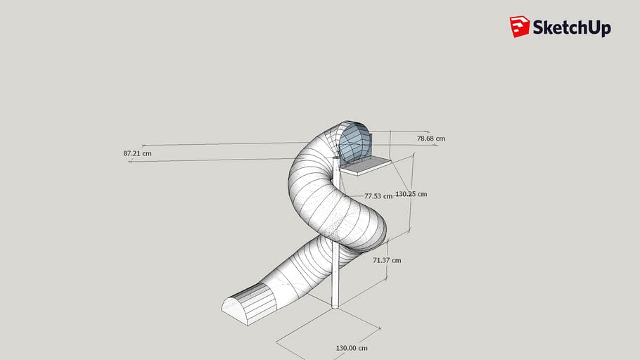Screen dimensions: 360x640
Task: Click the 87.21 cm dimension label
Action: [x=137, y=153]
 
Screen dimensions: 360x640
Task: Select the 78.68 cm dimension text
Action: [x=430, y=139]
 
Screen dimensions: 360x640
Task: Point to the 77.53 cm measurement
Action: [x=378, y=197]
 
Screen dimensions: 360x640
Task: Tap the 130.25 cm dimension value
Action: [x=411, y=194]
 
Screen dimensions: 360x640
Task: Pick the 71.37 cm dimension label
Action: [x=386, y=260]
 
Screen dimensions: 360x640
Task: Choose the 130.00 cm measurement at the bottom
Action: [x=352, y=348]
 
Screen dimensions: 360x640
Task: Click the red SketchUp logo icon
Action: [x=519, y=27]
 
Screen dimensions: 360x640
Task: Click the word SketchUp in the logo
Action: [x=572, y=28]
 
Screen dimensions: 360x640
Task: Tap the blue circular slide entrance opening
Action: [x=354, y=142]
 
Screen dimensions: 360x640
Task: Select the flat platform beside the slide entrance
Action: [x=365, y=164]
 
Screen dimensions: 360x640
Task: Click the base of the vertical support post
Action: [x=335, y=304]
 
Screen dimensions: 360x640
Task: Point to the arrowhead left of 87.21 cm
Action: [x=131, y=162]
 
